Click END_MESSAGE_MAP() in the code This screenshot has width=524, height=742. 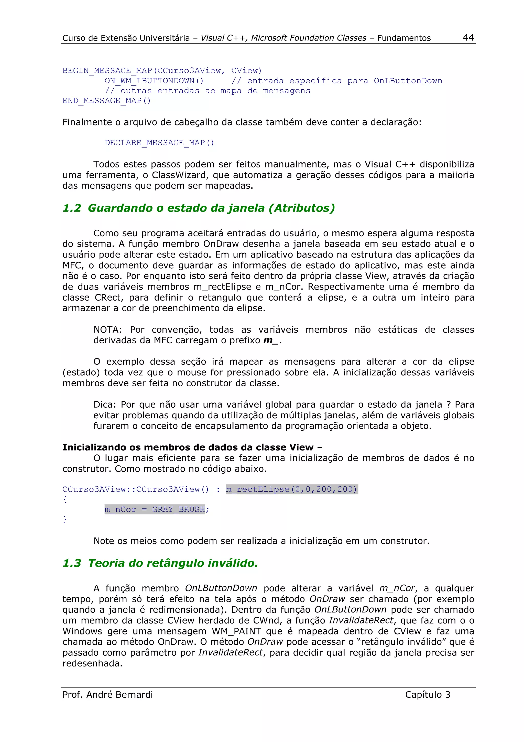106,101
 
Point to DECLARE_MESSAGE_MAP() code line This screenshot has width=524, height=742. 159,143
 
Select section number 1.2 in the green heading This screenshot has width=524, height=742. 72,208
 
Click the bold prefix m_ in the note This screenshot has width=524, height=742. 271,340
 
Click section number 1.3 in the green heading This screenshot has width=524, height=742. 72,563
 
